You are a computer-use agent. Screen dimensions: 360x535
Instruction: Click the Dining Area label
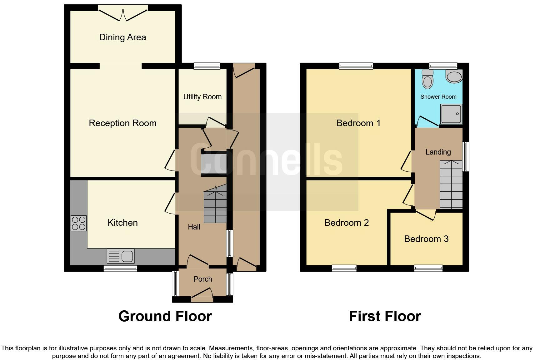(122, 37)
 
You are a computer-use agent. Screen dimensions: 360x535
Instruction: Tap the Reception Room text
(122, 123)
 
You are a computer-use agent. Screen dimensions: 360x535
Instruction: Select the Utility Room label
(202, 97)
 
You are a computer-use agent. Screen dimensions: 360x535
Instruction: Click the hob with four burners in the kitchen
(78, 223)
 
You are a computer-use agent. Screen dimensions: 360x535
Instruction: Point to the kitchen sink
(121, 256)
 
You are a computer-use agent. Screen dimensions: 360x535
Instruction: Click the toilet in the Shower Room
(427, 79)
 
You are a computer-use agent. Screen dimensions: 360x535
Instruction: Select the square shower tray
(451, 114)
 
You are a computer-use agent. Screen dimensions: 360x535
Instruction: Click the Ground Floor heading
(165, 316)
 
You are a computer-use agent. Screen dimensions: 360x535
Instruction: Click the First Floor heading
(385, 316)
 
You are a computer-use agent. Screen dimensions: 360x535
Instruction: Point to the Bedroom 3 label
(426, 239)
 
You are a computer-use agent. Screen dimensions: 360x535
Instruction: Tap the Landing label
(438, 152)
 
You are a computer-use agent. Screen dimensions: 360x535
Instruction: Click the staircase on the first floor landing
(451, 185)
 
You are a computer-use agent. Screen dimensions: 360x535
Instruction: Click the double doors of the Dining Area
(123, 14)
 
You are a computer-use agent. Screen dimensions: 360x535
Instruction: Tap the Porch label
(202, 279)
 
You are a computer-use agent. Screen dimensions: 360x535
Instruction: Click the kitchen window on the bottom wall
(120, 268)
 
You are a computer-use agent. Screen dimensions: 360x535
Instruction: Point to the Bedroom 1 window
(356, 66)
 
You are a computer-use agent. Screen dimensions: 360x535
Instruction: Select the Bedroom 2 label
(346, 223)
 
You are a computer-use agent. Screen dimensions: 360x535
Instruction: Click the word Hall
(194, 227)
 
